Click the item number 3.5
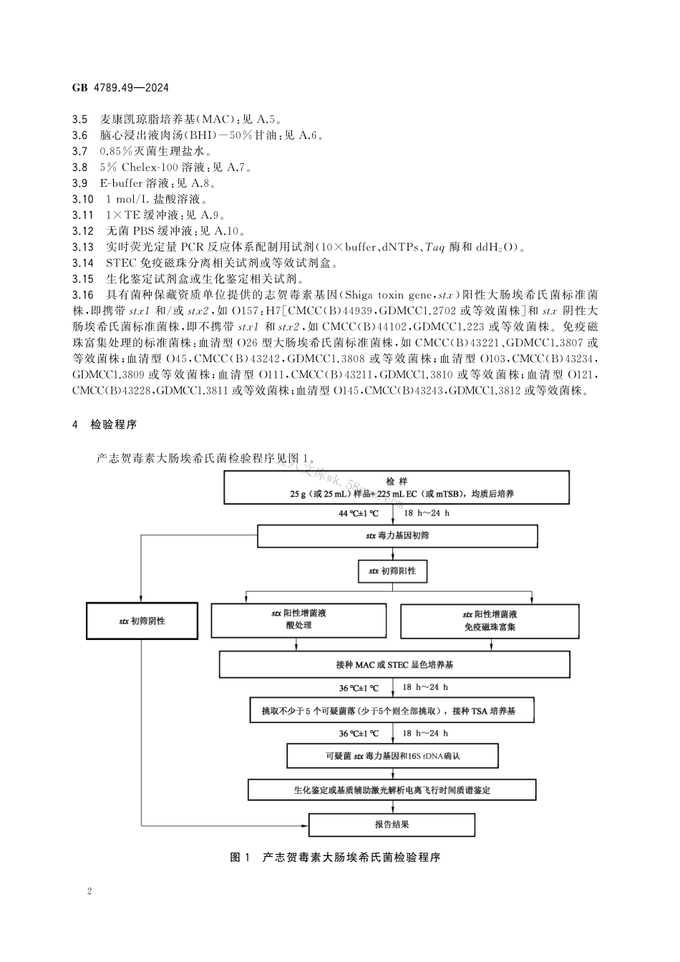click(x=80, y=120)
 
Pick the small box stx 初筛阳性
click(x=392, y=571)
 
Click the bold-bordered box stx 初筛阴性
click(x=142, y=621)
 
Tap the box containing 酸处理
click(x=298, y=620)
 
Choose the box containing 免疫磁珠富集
click(x=490, y=621)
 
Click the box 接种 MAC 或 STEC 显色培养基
click(x=394, y=664)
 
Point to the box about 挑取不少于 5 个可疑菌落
click(x=392, y=711)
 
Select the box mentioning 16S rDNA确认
click(x=392, y=755)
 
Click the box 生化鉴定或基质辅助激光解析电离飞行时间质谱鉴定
click(x=392, y=790)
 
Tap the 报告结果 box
click(x=392, y=825)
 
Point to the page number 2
click(x=89, y=891)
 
